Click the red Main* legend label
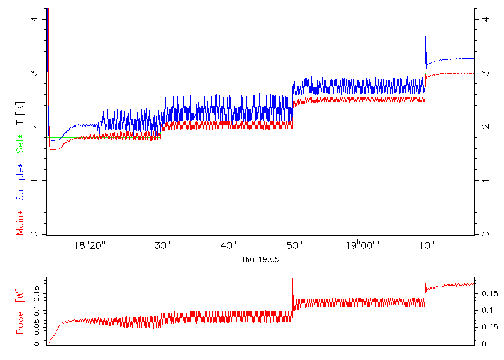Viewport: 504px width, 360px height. (20, 222)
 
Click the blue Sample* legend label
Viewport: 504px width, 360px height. (20, 182)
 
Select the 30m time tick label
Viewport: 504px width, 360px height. (162, 246)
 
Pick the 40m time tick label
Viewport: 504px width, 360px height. (228, 246)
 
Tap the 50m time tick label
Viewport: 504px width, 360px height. (294, 246)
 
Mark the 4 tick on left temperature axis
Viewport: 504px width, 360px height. (34, 19)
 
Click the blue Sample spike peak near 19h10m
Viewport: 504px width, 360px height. (425, 37)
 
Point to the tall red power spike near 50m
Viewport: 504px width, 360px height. (293, 280)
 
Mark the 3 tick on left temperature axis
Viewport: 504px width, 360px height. (34, 73)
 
